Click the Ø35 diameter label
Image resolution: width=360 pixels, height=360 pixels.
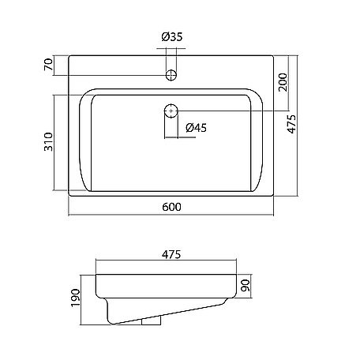[x=172, y=37]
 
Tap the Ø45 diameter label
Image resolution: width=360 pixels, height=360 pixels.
[x=196, y=128]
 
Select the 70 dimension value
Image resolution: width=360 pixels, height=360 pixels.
[x=49, y=65]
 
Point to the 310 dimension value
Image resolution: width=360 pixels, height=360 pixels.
[x=48, y=142]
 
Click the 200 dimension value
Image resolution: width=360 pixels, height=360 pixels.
[x=283, y=82]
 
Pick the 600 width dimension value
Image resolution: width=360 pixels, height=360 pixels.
[x=171, y=207]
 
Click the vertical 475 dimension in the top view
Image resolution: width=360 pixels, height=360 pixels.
[x=291, y=124]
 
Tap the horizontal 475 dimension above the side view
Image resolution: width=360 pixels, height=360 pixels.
[x=171, y=254]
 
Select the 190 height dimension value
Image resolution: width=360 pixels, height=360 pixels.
[x=76, y=298]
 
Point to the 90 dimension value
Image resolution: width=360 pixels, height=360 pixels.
[x=246, y=286]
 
